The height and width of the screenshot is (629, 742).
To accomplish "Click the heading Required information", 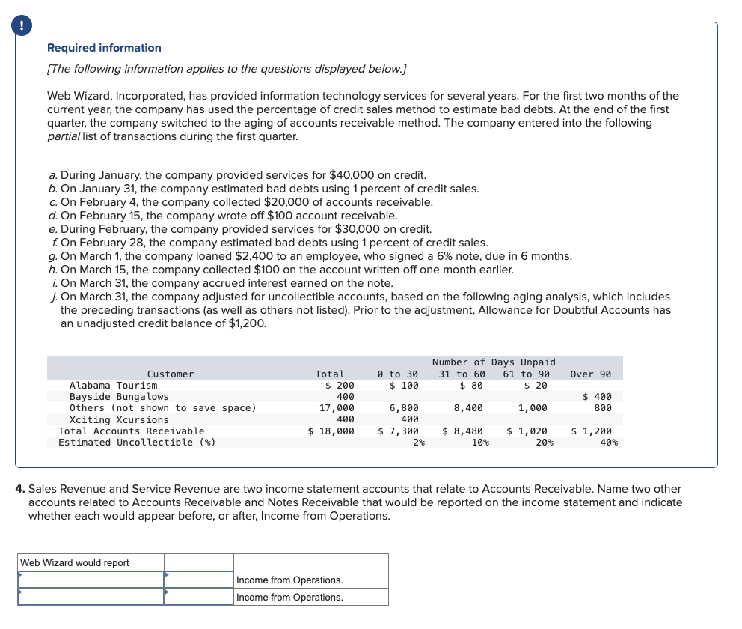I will point(104,48).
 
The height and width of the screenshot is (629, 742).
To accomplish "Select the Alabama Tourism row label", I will point(113,386).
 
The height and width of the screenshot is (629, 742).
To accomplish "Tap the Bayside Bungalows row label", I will point(119,397).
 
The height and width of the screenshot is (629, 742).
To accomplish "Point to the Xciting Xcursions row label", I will point(119,419).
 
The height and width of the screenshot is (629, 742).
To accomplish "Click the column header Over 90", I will point(590,374).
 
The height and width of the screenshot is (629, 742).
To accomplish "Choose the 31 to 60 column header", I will point(462,374).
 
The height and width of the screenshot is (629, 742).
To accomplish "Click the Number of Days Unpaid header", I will point(494,362).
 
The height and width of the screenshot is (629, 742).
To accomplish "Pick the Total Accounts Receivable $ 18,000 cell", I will point(331,431).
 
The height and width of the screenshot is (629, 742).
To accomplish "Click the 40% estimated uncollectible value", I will point(608,443).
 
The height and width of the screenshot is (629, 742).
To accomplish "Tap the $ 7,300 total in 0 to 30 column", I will point(398,431).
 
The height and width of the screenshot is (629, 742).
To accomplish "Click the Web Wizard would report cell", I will point(91,562).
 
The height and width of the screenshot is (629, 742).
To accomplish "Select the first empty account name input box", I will point(91,580).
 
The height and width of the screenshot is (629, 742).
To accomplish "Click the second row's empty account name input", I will point(91,597).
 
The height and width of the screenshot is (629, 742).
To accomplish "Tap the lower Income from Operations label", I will point(289,597).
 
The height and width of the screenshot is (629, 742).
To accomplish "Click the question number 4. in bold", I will point(21,489).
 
